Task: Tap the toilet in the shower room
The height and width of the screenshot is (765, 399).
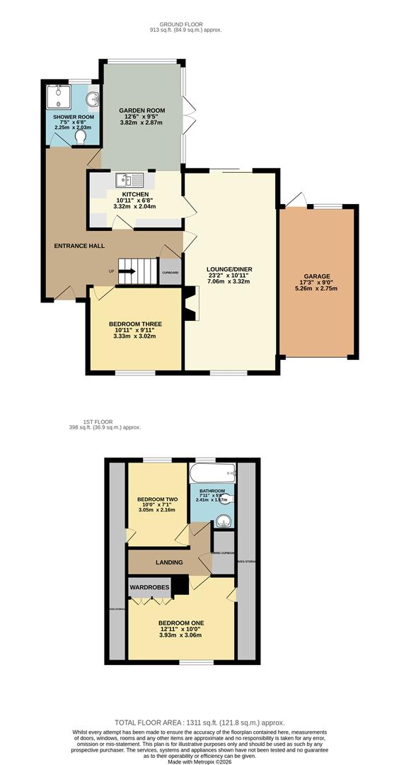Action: [80, 135]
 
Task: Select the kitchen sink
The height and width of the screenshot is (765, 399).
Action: [131, 180]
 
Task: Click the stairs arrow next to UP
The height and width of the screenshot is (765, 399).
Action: [127, 269]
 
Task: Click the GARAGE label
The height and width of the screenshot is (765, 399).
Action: [317, 276]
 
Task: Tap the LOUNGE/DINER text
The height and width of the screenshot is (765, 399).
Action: [229, 269]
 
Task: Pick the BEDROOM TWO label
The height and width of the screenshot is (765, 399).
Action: [157, 499]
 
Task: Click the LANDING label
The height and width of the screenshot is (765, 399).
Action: [169, 562]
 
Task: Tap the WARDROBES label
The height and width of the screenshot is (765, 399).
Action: [149, 587]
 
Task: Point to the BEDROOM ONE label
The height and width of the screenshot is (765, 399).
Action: [180, 623]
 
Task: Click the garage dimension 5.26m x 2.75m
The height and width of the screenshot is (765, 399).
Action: [317, 288]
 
